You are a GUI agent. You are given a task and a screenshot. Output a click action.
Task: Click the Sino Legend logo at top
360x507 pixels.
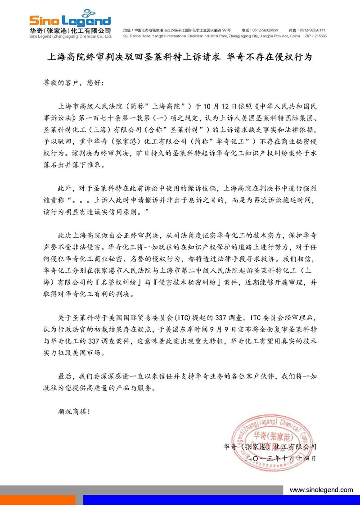70,20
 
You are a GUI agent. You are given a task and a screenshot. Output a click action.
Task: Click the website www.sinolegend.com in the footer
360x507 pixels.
321,490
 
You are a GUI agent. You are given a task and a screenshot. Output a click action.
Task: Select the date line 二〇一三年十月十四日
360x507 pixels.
283,458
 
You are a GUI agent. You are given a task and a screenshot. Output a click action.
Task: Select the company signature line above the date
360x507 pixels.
270,447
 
